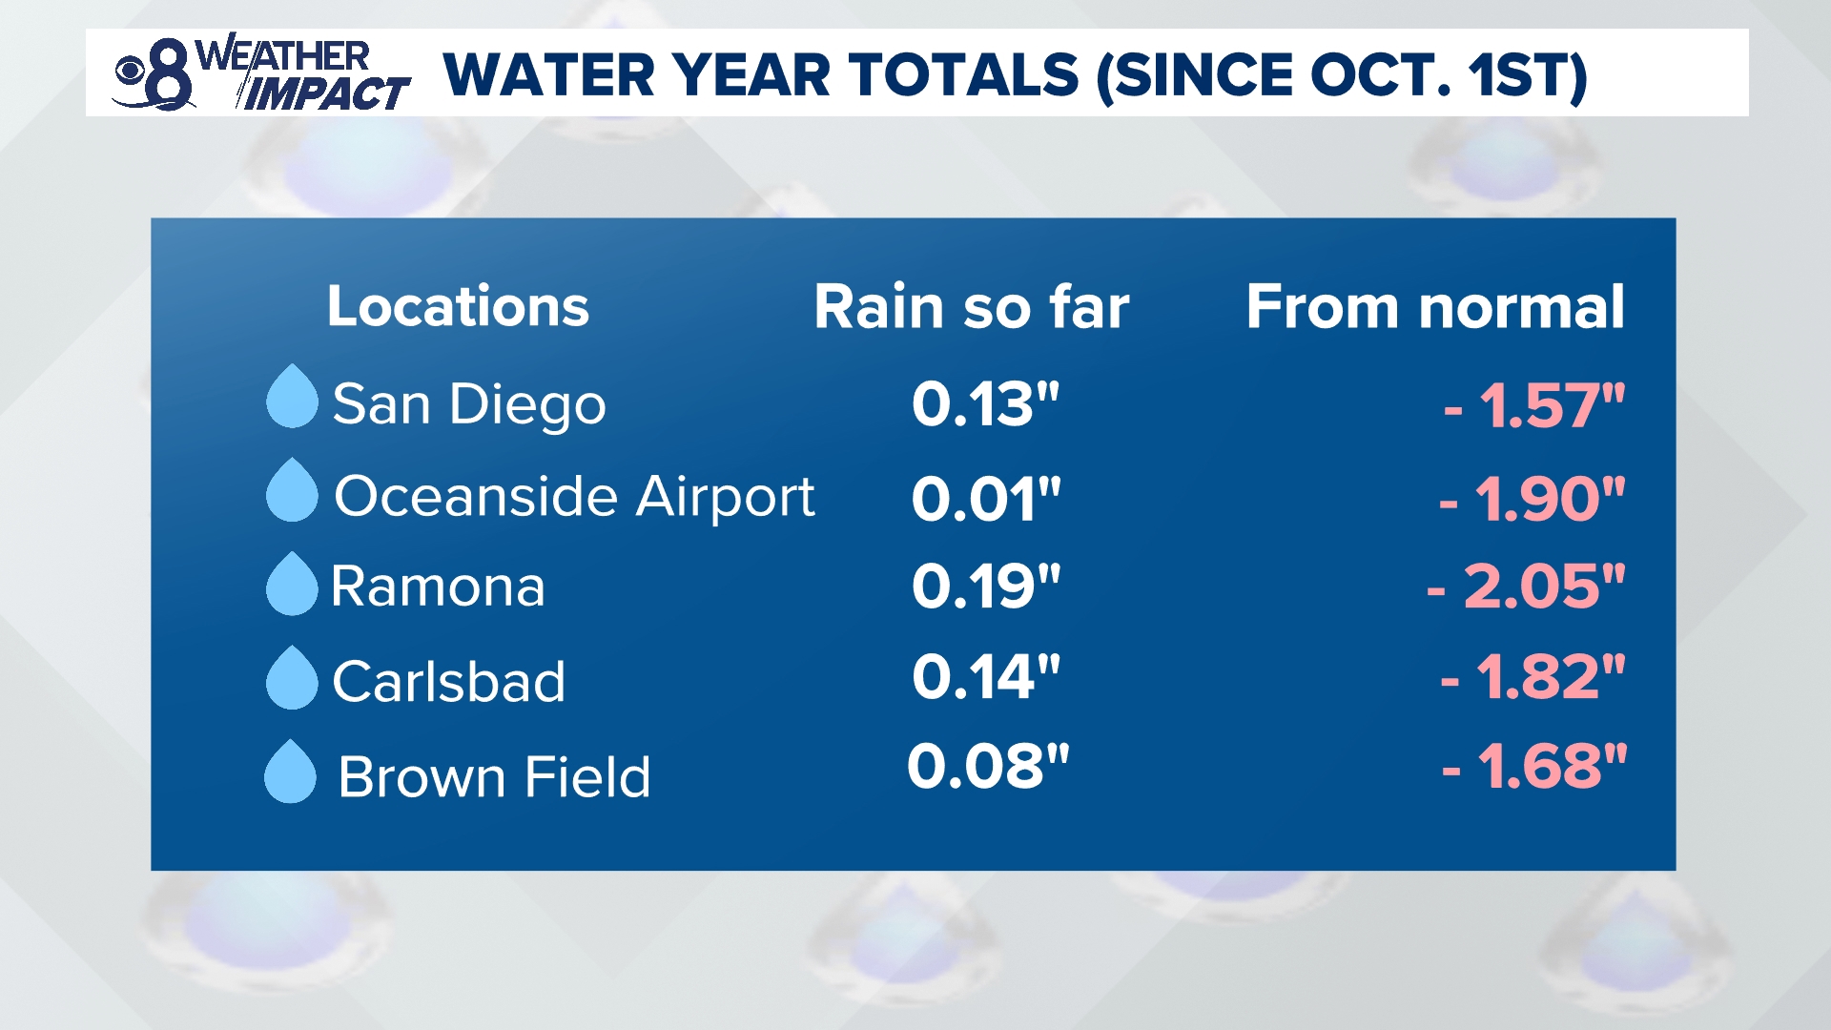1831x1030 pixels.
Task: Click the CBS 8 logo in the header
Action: coord(153,74)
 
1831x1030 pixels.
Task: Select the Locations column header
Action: coord(458,306)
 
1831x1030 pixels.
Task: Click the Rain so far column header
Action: coord(971,307)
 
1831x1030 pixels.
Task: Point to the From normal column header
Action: coord(1434,307)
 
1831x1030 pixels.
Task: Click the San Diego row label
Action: coord(468,404)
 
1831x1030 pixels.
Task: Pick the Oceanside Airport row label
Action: coord(574,497)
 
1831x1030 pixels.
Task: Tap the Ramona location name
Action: coord(438,586)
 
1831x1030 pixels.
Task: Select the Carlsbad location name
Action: coord(448,681)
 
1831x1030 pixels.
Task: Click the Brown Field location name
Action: coord(494,776)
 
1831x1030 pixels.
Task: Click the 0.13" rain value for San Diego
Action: coord(985,404)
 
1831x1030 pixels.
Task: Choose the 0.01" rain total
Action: coord(985,498)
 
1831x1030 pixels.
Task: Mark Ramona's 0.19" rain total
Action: coord(985,586)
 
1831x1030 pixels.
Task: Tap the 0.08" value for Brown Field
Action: coord(988,766)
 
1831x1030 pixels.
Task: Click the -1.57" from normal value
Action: coord(1533,405)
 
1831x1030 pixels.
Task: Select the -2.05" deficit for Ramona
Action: coord(1525,586)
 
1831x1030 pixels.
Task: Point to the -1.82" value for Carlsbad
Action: coord(1532,677)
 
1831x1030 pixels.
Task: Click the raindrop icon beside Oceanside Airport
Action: coord(292,492)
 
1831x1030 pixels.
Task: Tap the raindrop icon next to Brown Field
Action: coord(290,773)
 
